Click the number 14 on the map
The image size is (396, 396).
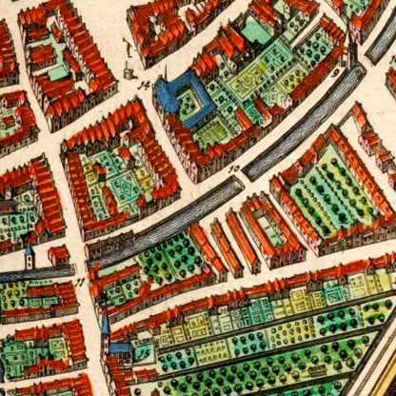pos(145,85)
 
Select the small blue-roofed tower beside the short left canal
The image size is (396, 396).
pos(30,254)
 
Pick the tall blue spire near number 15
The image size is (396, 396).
pos(105,327)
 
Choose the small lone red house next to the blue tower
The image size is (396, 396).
pos(57,255)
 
